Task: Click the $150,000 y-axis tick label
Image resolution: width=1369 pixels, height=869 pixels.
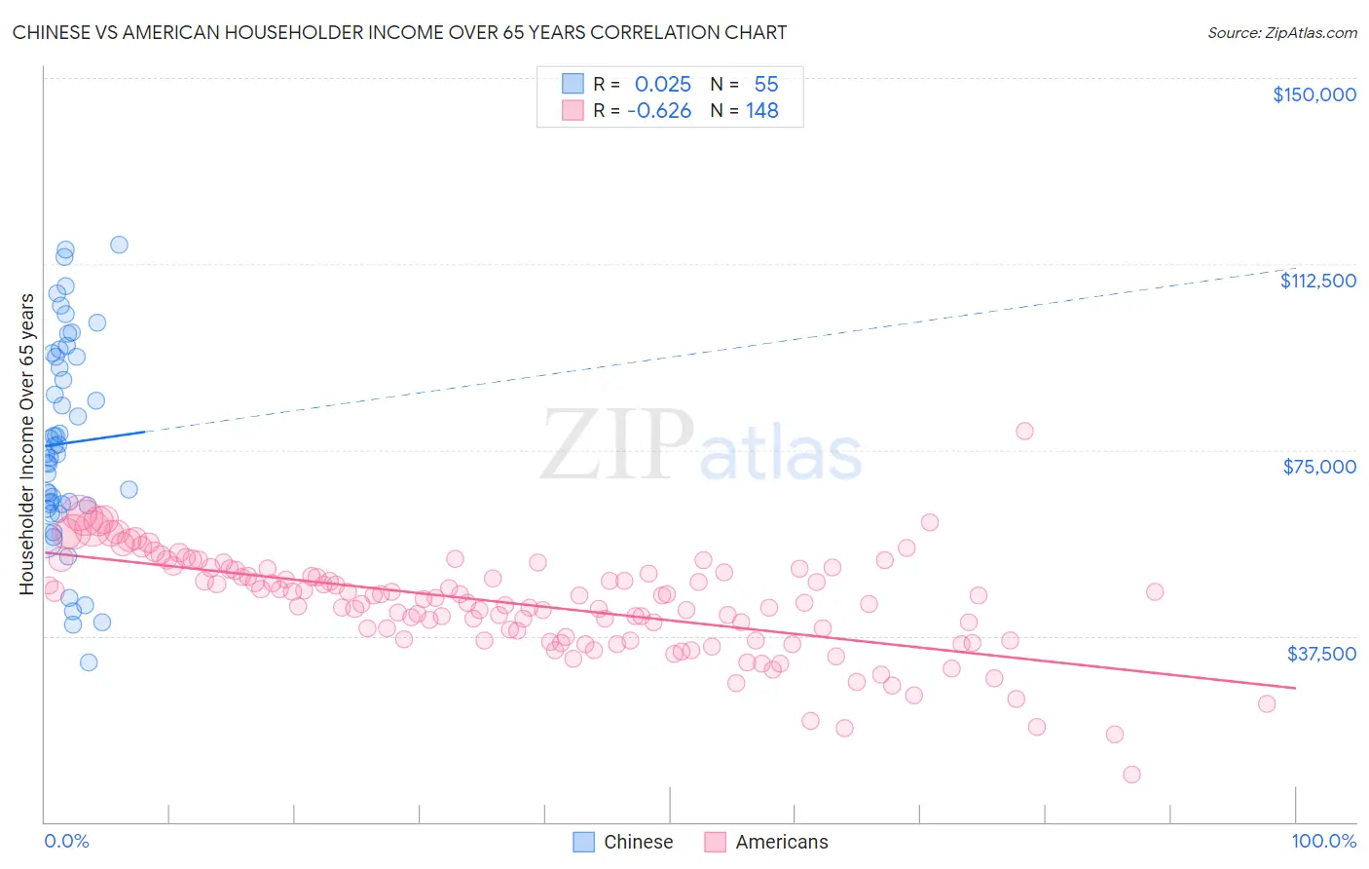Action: (x=1313, y=94)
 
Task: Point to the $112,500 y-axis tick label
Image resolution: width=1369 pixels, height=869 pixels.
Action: (x=1317, y=281)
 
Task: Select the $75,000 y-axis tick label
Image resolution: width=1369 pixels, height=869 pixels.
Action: (x=1319, y=467)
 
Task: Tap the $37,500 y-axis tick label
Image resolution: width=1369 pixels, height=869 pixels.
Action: (x=1321, y=653)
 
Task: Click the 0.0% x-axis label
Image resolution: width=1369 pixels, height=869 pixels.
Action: (x=66, y=841)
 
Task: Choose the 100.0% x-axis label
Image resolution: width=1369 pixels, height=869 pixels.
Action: (x=1323, y=841)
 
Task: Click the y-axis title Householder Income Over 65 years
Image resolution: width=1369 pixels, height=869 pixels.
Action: (x=27, y=443)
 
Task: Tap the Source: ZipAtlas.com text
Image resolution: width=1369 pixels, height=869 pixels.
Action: (x=1281, y=32)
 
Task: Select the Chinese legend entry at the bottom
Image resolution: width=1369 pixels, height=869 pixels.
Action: (x=623, y=842)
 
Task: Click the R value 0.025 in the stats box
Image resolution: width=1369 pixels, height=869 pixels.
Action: (x=662, y=84)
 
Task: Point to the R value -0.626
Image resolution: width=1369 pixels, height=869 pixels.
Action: (x=659, y=111)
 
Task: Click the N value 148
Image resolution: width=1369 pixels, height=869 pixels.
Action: (x=762, y=111)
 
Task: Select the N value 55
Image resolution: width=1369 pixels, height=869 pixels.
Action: (x=766, y=84)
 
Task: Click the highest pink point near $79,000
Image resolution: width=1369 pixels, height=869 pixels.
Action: (x=1024, y=431)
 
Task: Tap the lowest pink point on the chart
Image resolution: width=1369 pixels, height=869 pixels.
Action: (x=1131, y=775)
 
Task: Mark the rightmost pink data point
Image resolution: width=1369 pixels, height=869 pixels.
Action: (x=1267, y=703)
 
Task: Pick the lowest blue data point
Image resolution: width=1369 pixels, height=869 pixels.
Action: (x=89, y=662)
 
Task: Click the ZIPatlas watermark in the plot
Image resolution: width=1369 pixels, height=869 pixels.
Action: (x=701, y=446)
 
